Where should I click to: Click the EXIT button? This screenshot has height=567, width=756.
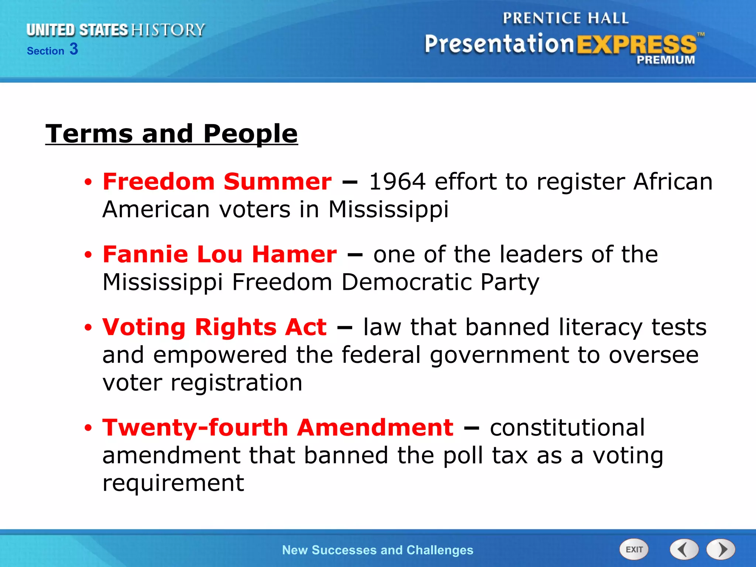634,549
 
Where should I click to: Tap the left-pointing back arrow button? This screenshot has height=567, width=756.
684,549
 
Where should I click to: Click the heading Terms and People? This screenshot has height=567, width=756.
171,134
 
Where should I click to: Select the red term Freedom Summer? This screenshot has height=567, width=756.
217,182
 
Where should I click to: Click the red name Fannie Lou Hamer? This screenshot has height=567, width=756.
220,254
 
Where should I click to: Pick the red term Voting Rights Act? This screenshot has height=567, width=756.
214,327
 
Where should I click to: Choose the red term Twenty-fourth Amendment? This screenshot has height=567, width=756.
278,427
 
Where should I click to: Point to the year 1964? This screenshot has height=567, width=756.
397,182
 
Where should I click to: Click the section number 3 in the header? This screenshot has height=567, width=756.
74,49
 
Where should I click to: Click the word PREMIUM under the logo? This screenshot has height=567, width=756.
666,60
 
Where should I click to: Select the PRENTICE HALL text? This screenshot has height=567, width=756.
565,18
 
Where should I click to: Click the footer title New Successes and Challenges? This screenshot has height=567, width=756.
377,550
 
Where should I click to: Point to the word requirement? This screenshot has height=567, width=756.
173,483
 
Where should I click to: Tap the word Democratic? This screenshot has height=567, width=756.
406,282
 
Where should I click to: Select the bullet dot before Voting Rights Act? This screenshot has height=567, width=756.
88,328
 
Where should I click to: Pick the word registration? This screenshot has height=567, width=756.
236,382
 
